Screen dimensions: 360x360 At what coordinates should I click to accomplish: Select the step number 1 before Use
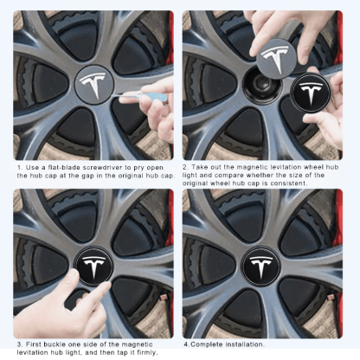coord(19,165)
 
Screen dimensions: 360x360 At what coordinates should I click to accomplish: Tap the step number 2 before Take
coord(184,165)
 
